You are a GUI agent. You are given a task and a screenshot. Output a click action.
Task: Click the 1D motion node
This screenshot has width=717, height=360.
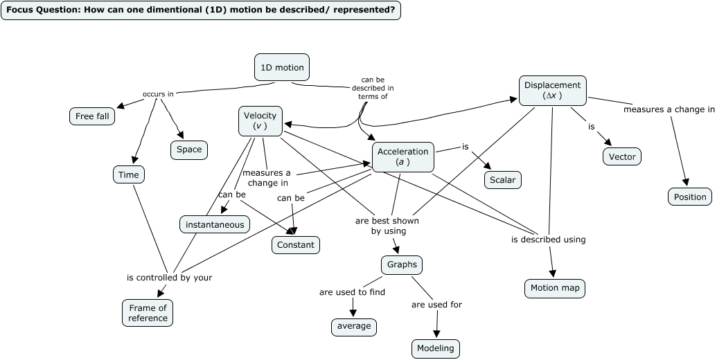(282, 68)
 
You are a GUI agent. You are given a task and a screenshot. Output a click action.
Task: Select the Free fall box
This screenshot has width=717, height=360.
(92, 116)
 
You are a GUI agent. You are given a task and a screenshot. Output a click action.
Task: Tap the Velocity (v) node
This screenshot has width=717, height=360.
(260, 120)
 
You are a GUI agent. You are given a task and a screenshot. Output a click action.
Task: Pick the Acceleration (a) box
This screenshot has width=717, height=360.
(403, 157)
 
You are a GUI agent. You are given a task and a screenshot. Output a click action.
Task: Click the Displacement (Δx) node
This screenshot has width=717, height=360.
(552, 91)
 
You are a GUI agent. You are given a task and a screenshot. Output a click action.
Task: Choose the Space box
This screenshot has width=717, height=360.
(189, 150)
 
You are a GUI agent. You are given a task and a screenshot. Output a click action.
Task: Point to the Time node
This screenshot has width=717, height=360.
(129, 175)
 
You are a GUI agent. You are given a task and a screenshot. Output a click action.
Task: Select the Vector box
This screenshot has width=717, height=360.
(621, 157)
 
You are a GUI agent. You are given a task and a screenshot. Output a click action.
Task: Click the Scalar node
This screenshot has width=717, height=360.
(502, 180)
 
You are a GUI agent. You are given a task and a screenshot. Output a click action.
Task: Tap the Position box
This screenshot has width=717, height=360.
(690, 197)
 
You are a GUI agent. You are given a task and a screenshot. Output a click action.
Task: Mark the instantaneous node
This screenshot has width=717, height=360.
(215, 224)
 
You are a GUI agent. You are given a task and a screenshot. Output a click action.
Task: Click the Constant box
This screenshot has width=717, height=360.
(296, 245)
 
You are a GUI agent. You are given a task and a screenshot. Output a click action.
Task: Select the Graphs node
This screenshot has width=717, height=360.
(401, 265)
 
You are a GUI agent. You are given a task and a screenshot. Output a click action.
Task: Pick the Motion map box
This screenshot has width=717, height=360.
(554, 289)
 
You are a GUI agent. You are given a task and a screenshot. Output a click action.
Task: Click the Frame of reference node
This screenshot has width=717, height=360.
(148, 313)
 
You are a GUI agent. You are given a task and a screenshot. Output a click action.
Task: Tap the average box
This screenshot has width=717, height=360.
(354, 326)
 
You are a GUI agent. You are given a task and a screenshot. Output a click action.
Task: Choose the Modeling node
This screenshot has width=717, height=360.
(436, 348)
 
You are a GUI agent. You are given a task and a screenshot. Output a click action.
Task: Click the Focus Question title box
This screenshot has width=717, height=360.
(201, 10)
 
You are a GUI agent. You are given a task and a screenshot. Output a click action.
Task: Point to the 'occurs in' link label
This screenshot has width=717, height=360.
(158, 94)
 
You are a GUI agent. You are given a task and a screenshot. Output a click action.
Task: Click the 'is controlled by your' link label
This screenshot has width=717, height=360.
(169, 278)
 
